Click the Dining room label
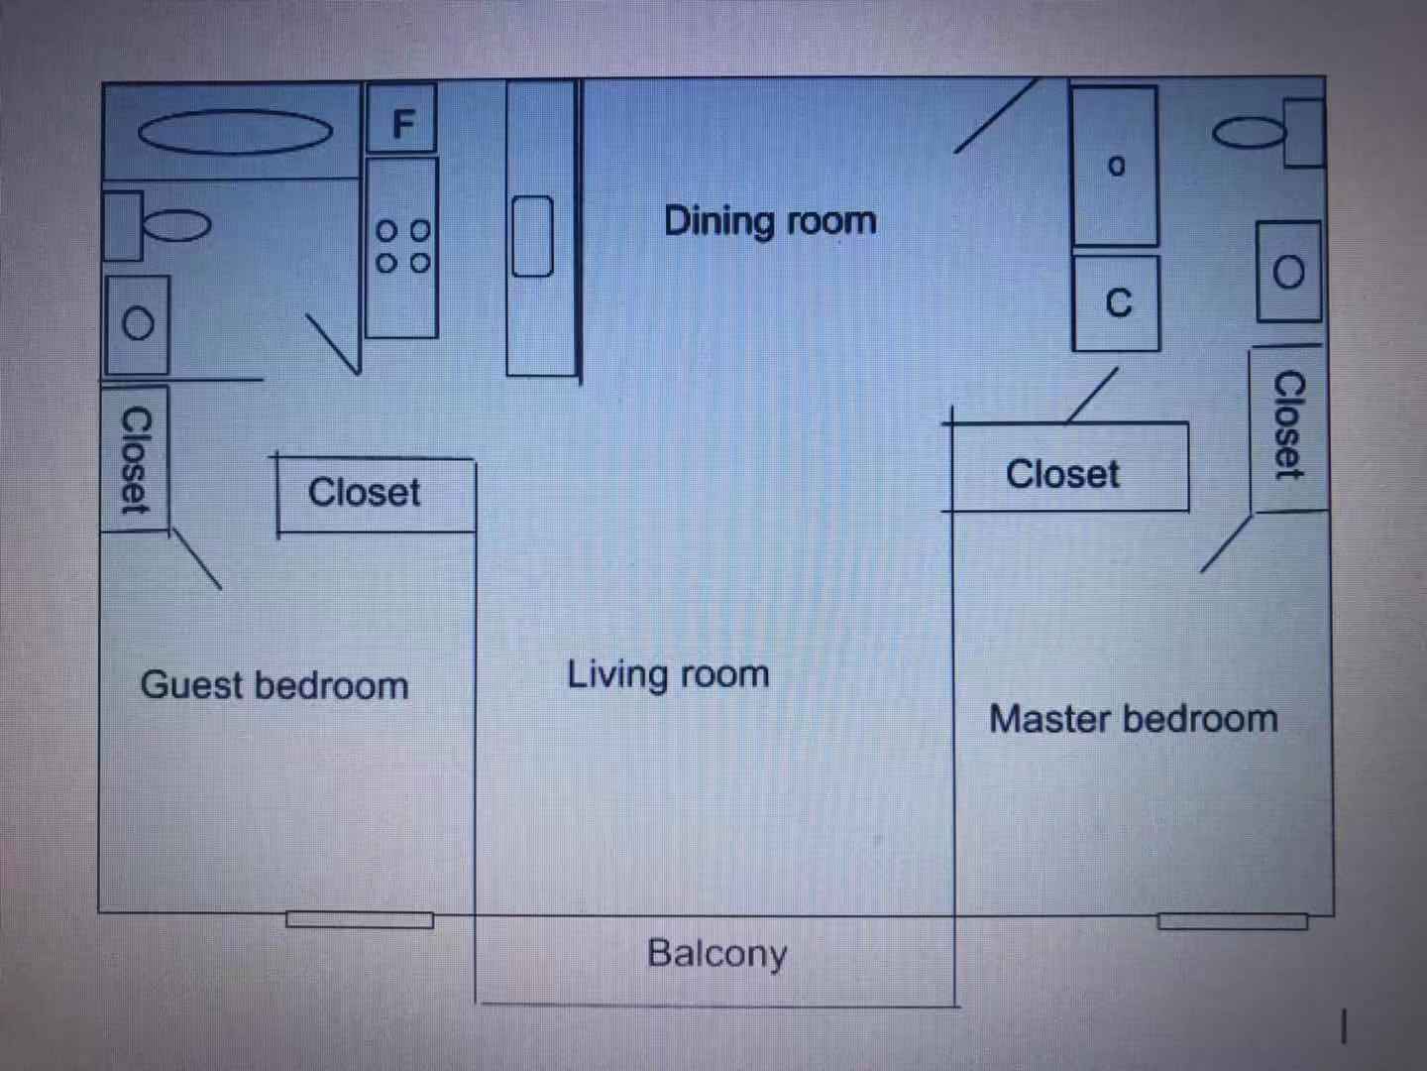tap(770, 222)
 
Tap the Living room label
tap(668, 673)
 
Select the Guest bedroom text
tap(274, 685)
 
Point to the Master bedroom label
tap(1133, 719)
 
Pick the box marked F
tap(401, 118)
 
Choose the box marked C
tap(1116, 303)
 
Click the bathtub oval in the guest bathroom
tap(235, 132)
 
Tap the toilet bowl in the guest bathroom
tap(176, 226)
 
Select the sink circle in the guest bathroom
tap(138, 323)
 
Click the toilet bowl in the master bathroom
tap(1249, 133)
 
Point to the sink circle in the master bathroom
tap(1288, 272)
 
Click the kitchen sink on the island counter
tap(533, 236)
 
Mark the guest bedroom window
tap(360, 920)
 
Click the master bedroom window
tap(1233, 921)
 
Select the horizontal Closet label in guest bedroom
tap(364, 492)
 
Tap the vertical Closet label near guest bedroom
tap(136, 460)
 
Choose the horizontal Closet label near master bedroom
tap(1062, 474)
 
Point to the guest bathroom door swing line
tap(333, 345)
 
